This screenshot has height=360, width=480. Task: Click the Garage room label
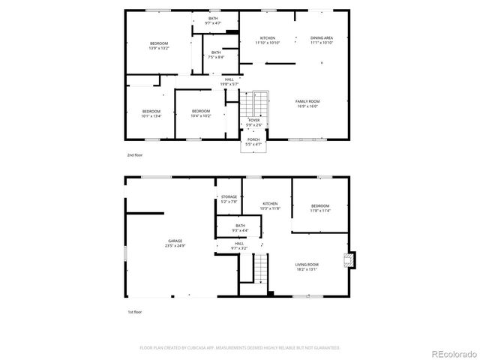click(x=175, y=243)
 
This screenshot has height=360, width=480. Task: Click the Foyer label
click(x=254, y=121)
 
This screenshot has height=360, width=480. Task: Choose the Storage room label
click(x=229, y=199)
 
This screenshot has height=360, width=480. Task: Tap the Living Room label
click(x=307, y=266)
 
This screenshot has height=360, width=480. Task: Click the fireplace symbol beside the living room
click(x=348, y=260)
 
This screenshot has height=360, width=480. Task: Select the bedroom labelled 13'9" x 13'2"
click(x=159, y=45)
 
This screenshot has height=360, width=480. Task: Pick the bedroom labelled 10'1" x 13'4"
click(x=151, y=113)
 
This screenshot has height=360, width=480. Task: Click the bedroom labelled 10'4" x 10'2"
click(x=200, y=113)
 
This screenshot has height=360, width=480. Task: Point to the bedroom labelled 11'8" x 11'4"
click(x=320, y=208)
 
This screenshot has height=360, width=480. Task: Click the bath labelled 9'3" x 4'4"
click(x=240, y=228)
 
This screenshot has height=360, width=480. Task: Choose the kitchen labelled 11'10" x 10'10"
click(x=268, y=40)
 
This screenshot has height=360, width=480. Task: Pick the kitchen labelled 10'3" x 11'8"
click(x=270, y=205)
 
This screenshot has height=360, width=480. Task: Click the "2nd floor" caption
click(x=134, y=154)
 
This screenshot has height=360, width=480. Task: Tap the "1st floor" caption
click(x=134, y=311)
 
